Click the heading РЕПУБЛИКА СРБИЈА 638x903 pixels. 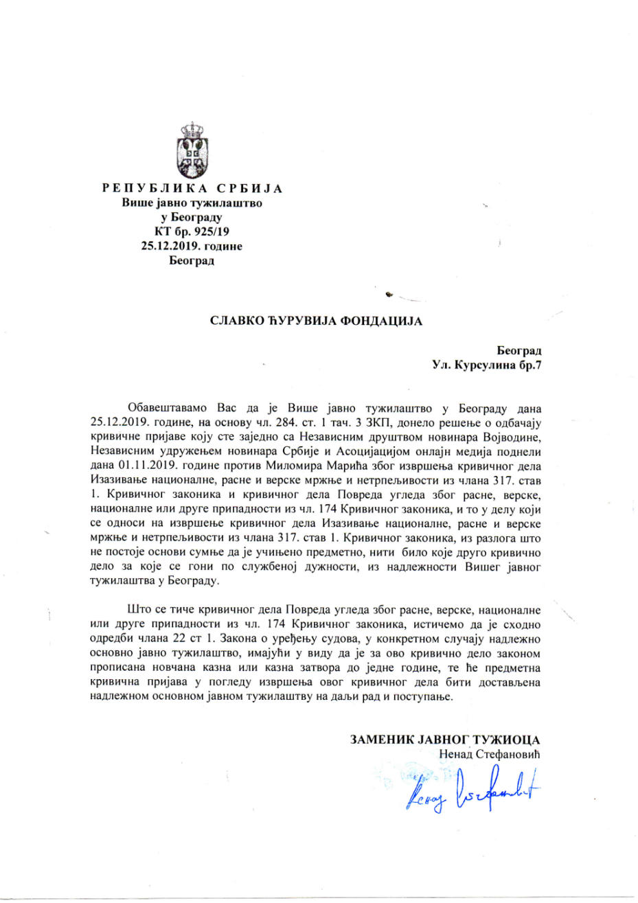coord(192,189)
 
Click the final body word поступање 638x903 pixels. coord(424,696)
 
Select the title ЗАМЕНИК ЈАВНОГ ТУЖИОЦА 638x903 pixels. coord(444,740)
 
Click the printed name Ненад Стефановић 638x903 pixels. coord(489,754)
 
